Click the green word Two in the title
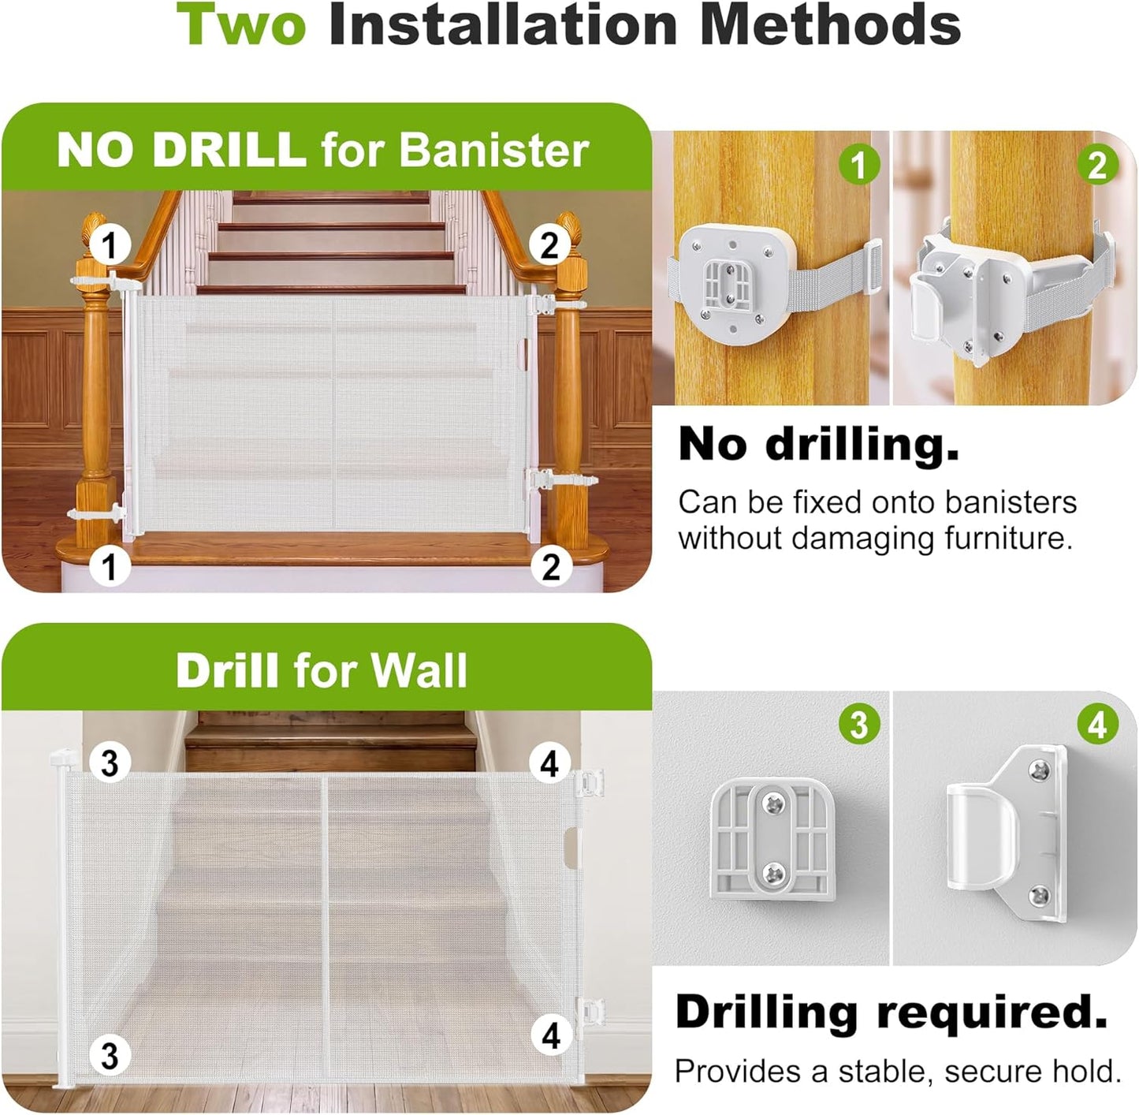pyautogui.click(x=240, y=24)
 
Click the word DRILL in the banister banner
pyautogui.click(x=229, y=149)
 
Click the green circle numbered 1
pyautogui.click(x=858, y=165)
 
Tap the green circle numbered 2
pyautogui.click(x=1097, y=165)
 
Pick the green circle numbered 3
pyautogui.click(x=858, y=725)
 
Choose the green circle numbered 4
pyautogui.click(x=1097, y=725)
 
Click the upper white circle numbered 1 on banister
pyautogui.click(x=110, y=245)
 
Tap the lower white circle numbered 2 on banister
pyautogui.click(x=551, y=566)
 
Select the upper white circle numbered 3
pyautogui.click(x=110, y=763)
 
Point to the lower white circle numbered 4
pyautogui.click(x=551, y=1036)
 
